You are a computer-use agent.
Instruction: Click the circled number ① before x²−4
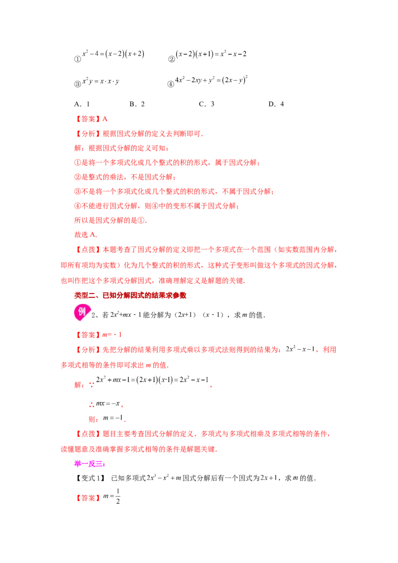77,59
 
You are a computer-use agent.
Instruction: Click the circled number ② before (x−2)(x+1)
171,59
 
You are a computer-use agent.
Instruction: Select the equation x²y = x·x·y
101,82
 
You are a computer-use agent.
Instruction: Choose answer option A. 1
82,104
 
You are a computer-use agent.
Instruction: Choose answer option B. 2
137,104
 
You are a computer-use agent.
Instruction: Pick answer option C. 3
206,104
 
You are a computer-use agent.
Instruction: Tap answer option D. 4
276,104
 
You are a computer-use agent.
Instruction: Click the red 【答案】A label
91,119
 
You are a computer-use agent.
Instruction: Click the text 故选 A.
86,235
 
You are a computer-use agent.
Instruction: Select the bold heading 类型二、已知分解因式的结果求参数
130,295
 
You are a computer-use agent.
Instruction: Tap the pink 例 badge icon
82,312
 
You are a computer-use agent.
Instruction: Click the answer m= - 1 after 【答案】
112,335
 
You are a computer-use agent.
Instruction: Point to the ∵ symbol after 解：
92,385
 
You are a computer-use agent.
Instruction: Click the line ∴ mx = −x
106,404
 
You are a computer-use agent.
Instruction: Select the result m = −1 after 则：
113,418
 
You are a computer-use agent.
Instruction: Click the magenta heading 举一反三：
90,464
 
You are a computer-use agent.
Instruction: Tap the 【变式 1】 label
90,478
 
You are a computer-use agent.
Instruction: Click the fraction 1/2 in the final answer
118,496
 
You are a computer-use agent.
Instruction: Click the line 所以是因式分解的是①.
110,220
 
